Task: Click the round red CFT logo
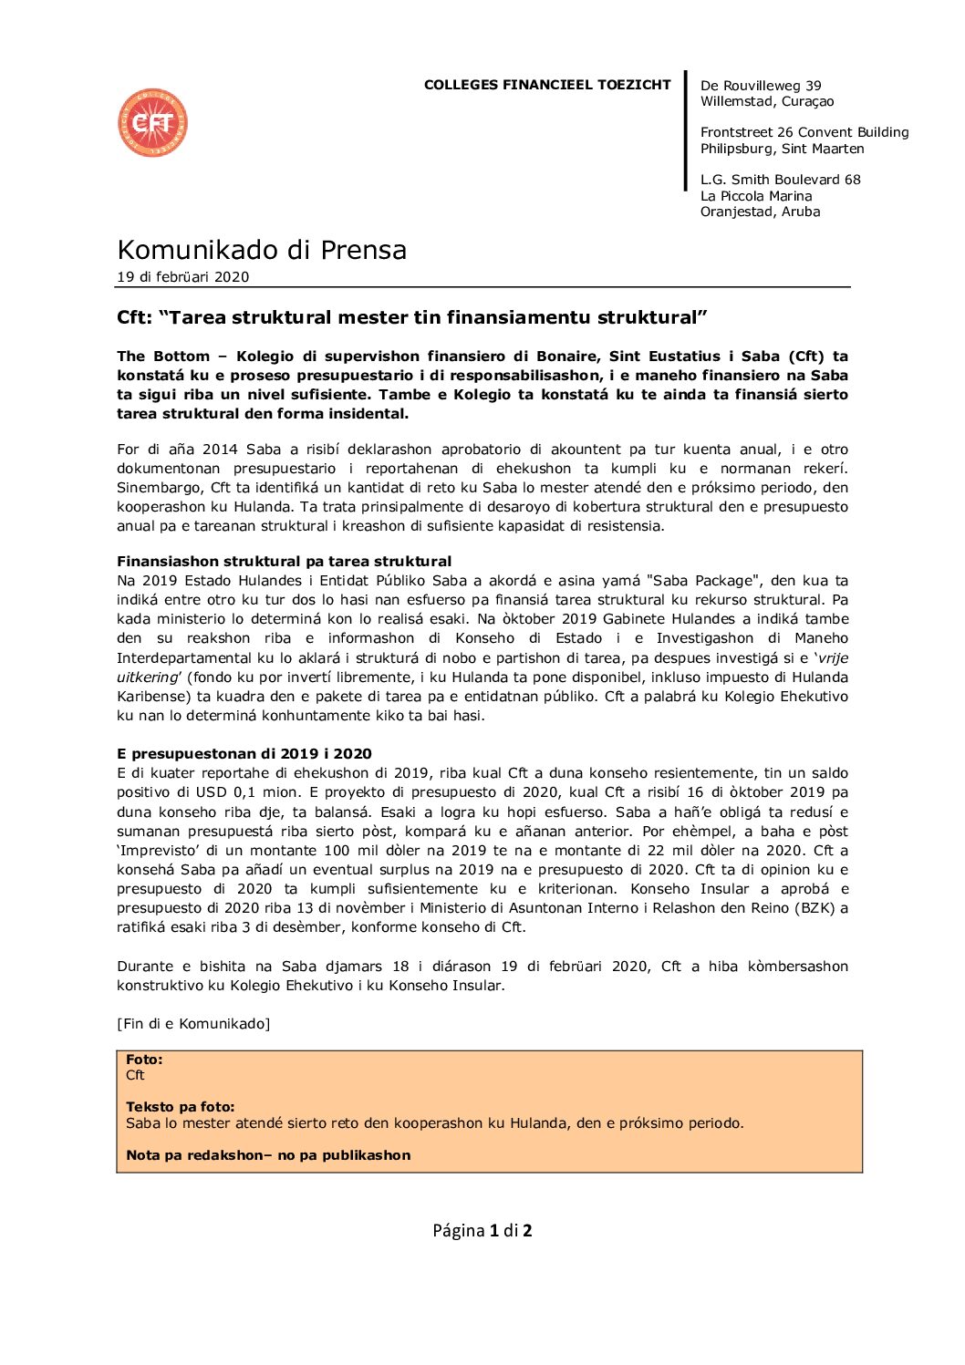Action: click(152, 122)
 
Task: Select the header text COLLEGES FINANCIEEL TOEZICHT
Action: click(547, 85)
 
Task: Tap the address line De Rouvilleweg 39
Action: click(761, 86)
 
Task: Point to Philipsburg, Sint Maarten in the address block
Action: click(782, 149)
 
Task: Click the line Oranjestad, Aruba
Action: click(760, 212)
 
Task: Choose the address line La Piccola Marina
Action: click(756, 196)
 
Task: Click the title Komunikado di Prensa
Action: click(262, 250)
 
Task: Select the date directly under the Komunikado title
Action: click(182, 277)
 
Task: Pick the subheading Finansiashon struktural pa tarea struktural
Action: click(284, 562)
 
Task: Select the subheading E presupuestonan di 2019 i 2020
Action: click(244, 754)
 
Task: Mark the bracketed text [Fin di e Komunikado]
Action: click(193, 1024)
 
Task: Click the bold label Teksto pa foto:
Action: click(180, 1107)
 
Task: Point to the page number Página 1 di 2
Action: click(482, 1231)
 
